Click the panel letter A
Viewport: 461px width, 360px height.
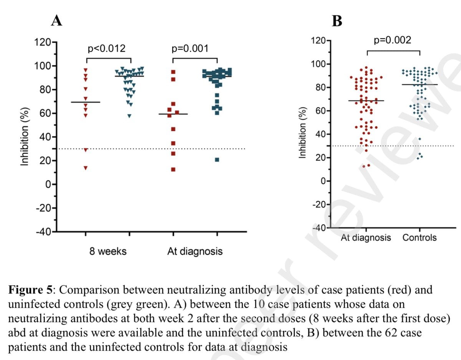coord(56,21)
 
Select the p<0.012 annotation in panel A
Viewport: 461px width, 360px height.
coord(107,49)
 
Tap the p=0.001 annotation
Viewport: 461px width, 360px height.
coord(190,49)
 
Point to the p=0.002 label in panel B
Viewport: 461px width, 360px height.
coord(392,40)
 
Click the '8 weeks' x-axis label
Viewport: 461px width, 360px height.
coord(108,252)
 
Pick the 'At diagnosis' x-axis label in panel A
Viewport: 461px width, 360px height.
coord(195,252)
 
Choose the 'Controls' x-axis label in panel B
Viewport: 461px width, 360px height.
coord(420,238)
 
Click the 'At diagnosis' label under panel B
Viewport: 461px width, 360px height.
coord(366,238)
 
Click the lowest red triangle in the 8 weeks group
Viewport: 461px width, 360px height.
coord(86,168)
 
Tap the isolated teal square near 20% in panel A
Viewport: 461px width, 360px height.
coord(217,160)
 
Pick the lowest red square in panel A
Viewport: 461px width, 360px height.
coord(173,169)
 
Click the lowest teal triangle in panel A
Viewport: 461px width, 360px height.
coord(129,116)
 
